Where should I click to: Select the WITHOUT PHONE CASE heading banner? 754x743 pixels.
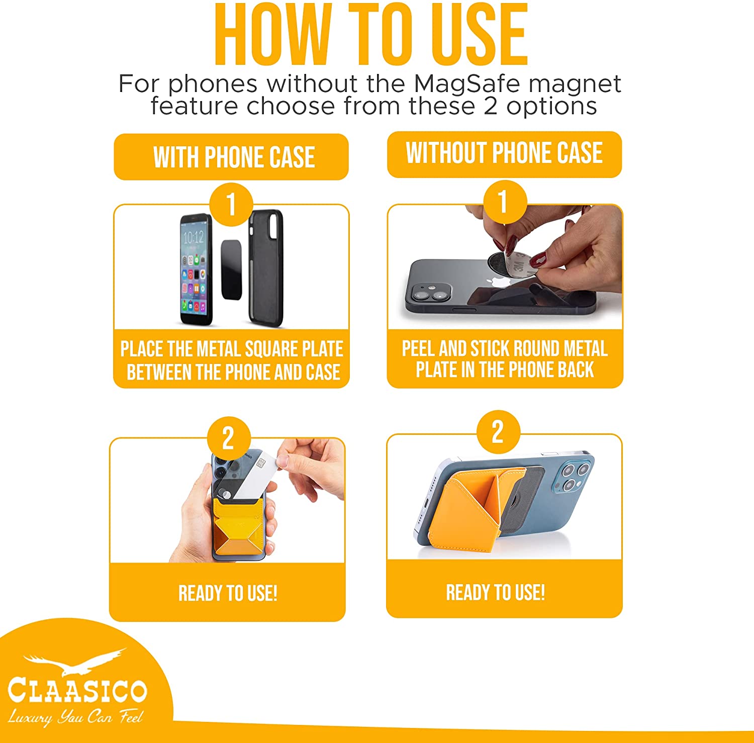click(x=504, y=153)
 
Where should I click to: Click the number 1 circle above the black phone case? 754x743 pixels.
click(x=231, y=205)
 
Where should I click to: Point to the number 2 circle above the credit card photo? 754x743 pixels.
click(x=228, y=438)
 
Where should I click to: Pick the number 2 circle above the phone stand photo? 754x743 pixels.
click(x=498, y=431)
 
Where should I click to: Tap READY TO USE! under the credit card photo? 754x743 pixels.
click(x=228, y=594)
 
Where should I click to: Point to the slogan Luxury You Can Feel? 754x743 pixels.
click(x=75, y=717)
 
